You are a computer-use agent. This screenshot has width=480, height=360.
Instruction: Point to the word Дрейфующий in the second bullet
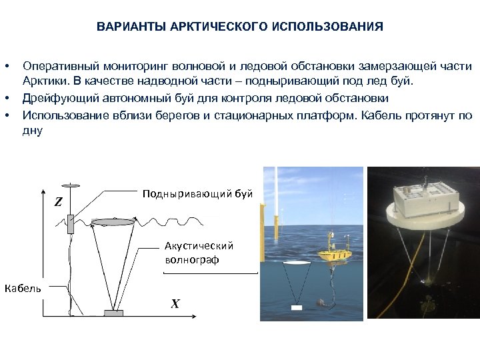tap(55, 98)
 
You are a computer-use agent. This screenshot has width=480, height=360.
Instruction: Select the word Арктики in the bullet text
tap(42, 83)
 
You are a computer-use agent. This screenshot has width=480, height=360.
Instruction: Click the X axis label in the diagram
tap(175, 304)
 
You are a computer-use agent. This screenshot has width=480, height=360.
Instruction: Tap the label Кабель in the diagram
tap(23, 288)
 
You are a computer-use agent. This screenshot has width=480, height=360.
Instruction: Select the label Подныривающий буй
tap(197, 194)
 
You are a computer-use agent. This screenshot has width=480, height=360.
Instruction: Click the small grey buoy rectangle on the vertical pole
tap(71, 223)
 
